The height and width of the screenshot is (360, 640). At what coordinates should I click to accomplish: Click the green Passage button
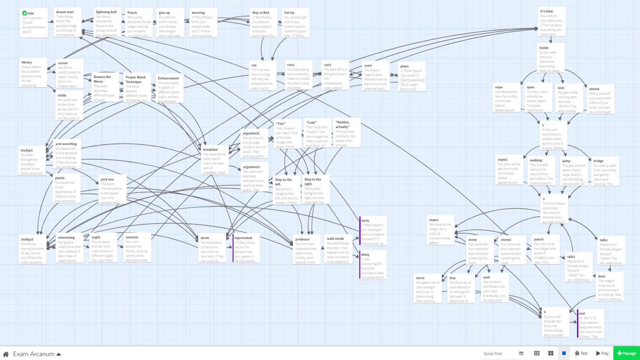pos(626,353)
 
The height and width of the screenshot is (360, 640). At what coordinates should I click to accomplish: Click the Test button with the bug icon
pos(581,353)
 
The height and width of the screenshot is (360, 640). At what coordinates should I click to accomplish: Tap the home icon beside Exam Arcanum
pos(6,354)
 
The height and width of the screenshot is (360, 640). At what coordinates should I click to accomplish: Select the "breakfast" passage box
pos(215,160)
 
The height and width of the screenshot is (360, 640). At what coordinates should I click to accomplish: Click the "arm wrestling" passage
pos(67,154)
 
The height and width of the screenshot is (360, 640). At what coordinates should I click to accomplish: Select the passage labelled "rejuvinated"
pos(246,248)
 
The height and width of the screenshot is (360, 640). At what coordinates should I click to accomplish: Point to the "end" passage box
pos(591,324)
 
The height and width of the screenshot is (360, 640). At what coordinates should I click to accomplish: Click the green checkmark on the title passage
pos(25,13)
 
